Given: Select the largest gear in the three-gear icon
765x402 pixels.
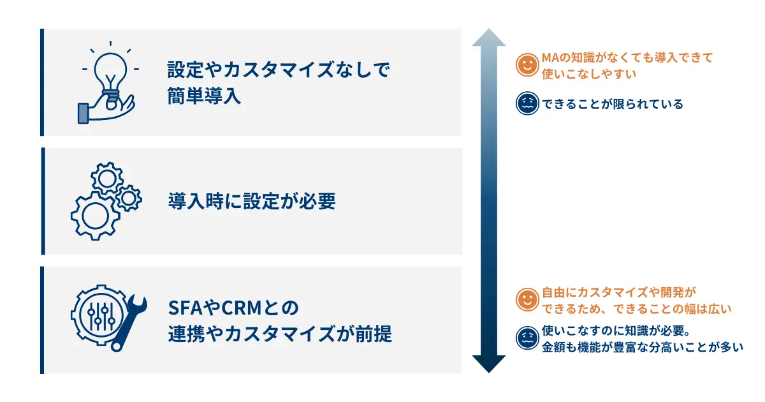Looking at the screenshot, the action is coord(95,216).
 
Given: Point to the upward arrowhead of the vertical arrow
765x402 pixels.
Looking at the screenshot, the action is coord(489,38).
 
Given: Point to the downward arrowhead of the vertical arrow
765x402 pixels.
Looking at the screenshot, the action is coord(489,364).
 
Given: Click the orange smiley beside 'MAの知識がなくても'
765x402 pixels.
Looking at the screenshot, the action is coord(527,64).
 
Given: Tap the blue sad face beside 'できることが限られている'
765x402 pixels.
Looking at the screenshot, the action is coord(527,103).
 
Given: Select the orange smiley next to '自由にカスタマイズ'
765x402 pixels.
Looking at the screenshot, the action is coord(527,299).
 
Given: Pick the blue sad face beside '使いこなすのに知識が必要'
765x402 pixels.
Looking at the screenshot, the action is coord(527,338).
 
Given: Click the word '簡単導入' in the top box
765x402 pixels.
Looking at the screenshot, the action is coord(204,96).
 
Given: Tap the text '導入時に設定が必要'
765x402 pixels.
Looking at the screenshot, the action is coord(252,201).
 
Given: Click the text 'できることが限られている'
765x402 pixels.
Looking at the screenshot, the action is coord(613,104).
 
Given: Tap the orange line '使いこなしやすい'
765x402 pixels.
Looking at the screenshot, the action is coord(589,74).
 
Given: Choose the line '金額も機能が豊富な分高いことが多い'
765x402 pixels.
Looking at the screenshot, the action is coord(643,347).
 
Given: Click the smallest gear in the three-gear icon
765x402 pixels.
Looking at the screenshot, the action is coord(129,198).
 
